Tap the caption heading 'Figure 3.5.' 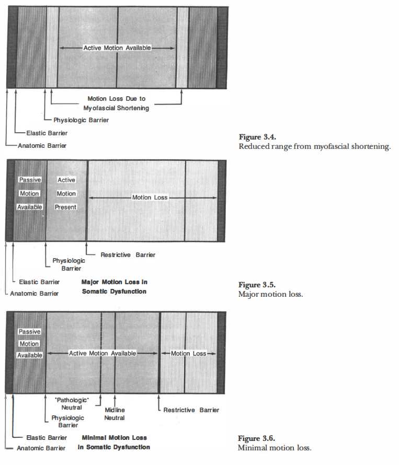coord(257,285)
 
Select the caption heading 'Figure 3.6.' coord(256,438)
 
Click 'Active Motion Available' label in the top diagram coord(117,48)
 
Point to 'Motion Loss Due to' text coord(116,98)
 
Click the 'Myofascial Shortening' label coord(116,108)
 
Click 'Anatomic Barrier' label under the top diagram coord(41,145)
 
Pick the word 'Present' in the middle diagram coord(66,207)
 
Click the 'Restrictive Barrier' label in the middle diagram coord(128,255)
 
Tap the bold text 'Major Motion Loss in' coord(114,282)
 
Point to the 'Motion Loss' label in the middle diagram coord(150,197)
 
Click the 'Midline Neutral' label coord(115,414)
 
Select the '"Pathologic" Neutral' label coord(72,403)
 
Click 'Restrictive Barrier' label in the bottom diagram coord(191,410)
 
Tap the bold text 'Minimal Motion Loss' coord(115,437)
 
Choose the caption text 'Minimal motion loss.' coord(275,448)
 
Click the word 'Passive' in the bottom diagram coord(29,332)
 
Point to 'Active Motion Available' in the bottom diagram coord(102,353)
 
